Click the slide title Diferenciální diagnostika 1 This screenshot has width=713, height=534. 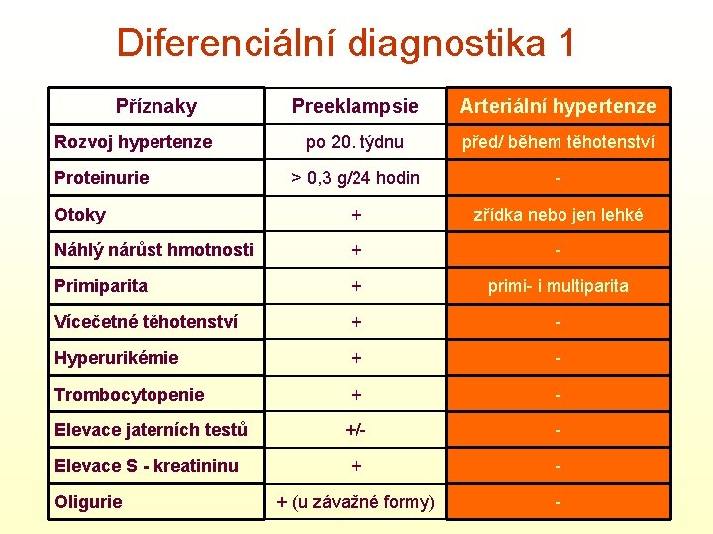click(346, 43)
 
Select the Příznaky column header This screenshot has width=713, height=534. click(156, 106)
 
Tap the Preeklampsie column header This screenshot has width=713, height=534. click(355, 106)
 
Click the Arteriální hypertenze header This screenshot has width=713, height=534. click(558, 106)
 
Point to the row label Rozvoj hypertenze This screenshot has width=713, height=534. click(134, 142)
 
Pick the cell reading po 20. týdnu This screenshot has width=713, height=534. click(355, 142)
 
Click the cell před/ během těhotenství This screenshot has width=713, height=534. click(558, 142)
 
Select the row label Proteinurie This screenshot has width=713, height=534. click(102, 178)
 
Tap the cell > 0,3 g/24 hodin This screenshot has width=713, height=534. click(355, 178)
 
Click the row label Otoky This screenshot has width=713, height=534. click(80, 215)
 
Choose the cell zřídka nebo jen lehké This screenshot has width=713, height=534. click(558, 215)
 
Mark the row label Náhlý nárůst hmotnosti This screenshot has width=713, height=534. click(153, 250)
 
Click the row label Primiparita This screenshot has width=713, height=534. click(101, 286)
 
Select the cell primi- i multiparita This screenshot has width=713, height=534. click(558, 286)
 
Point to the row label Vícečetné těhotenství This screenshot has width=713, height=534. click(146, 321)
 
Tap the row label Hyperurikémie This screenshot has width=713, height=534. click(117, 358)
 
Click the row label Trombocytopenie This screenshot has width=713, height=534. click(130, 394)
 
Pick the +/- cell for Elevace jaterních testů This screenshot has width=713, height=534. click(355, 430)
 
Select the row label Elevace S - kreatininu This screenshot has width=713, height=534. click(147, 466)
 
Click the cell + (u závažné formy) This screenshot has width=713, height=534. click(355, 502)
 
